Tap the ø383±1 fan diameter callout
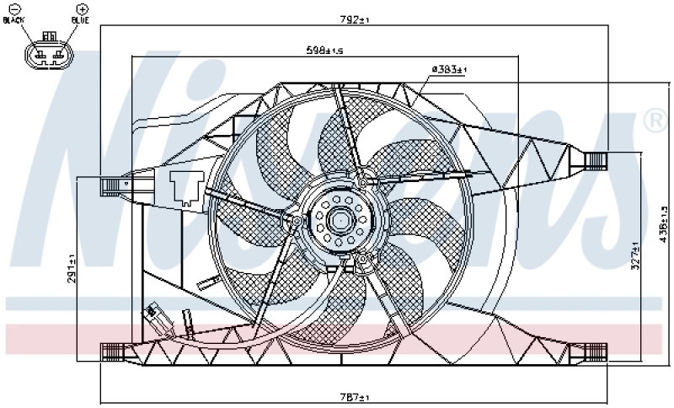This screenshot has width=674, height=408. (x=449, y=69)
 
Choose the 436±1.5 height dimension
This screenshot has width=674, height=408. (x=663, y=226)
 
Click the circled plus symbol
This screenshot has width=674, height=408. (x=83, y=8)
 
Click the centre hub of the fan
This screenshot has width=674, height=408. (x=340, y=221)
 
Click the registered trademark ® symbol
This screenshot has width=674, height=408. (x=654, y=121)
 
